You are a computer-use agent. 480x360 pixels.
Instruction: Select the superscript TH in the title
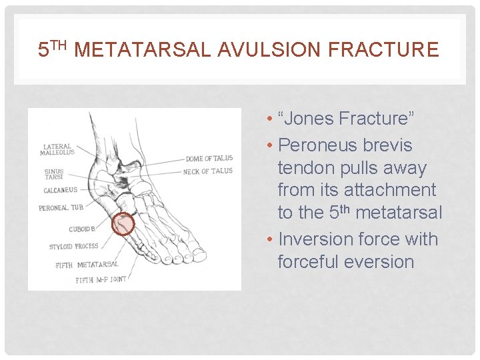coord(60,45)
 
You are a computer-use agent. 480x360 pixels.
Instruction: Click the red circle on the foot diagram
coord(123,225)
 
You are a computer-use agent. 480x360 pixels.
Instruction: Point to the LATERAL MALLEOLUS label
coord(59,150)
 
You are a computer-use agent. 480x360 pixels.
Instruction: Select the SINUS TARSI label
coord(54,175)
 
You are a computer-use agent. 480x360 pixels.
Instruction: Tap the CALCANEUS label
coord(61,191)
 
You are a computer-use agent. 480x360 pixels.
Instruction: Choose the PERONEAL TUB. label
coord(61,208)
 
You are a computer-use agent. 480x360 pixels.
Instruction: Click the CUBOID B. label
coord(83,229)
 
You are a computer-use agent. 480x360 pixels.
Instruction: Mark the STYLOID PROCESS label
coord(73,247)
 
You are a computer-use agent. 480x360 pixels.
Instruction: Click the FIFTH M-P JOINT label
coord(101,279)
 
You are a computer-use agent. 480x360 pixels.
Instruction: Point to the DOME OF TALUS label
coord(209,158)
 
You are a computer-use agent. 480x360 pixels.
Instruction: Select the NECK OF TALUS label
coord(208,171)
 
